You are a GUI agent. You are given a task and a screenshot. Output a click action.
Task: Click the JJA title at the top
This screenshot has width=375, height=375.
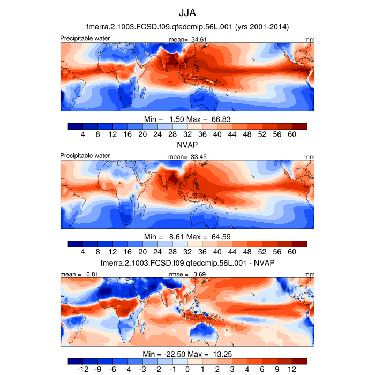point(187,12)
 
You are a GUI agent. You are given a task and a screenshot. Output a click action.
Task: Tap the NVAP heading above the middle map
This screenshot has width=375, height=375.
point(187,145)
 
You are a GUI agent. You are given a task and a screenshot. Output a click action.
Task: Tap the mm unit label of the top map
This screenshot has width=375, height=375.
point(310,40)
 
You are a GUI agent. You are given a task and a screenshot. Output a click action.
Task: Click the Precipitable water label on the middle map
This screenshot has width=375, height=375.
point(85,156)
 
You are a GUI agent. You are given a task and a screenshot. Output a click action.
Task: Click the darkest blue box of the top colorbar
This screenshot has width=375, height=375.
point(76,126)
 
